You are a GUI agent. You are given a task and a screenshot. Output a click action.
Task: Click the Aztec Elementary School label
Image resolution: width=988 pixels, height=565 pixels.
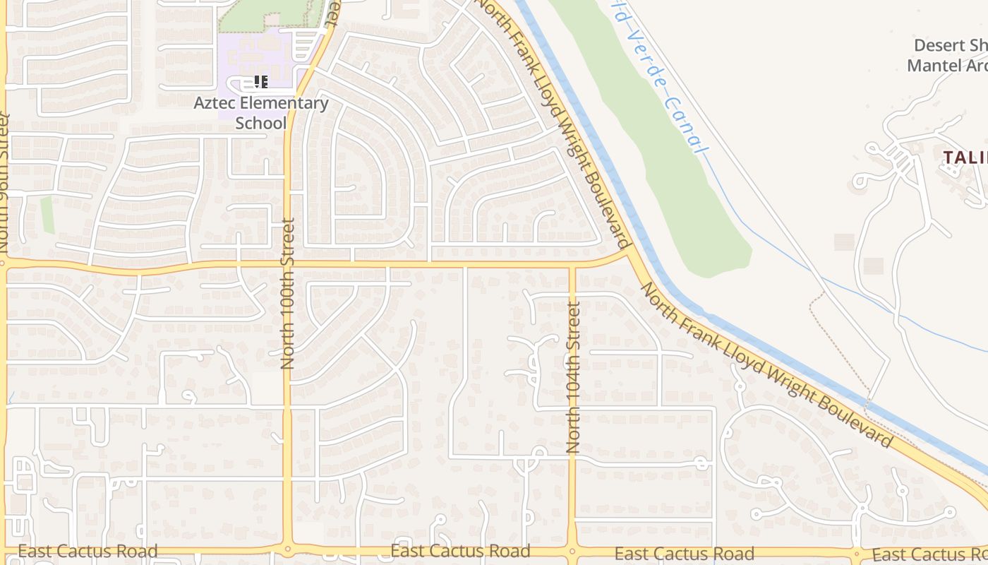261,113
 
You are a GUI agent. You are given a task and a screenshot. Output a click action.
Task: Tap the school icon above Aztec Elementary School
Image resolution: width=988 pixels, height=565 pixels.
261,83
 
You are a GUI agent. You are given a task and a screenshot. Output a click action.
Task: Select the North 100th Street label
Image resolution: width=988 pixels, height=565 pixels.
287,293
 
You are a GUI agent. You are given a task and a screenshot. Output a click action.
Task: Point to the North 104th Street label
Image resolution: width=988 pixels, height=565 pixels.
573,378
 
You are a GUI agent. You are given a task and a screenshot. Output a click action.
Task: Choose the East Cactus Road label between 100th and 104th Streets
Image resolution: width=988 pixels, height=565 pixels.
460,551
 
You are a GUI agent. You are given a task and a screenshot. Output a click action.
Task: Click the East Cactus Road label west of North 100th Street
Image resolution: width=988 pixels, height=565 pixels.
88,552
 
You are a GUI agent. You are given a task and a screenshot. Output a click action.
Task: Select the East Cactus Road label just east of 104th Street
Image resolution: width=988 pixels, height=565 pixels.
685,554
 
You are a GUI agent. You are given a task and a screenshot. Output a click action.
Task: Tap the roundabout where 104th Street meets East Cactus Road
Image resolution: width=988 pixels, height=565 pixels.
572,550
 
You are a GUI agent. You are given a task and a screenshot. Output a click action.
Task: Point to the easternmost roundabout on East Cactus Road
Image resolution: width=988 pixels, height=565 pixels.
857,552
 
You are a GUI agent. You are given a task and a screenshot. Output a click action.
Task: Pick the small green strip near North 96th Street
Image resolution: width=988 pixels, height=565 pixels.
47,215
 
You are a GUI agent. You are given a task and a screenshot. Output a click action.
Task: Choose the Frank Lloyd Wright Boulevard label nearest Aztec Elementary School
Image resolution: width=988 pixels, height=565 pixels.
554,120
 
